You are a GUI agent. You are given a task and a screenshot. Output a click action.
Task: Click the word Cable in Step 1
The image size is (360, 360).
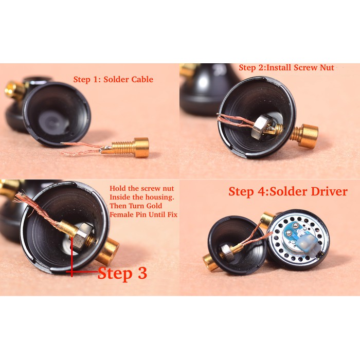[141, 79]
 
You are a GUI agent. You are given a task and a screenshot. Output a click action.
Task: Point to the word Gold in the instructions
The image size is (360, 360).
[154, 206]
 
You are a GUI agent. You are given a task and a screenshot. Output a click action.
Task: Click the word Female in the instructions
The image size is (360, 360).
[120, 214]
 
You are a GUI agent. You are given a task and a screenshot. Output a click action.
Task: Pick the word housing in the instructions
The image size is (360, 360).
[159, 197]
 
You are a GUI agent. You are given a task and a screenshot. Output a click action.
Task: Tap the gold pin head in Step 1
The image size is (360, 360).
[141, 147]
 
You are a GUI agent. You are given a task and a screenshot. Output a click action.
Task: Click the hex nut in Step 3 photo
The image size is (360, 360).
[83, 236]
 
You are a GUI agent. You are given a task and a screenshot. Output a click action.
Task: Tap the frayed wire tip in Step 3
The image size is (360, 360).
[19, 197]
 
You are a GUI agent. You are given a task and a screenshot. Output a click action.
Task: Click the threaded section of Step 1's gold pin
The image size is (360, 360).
[124, 147]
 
